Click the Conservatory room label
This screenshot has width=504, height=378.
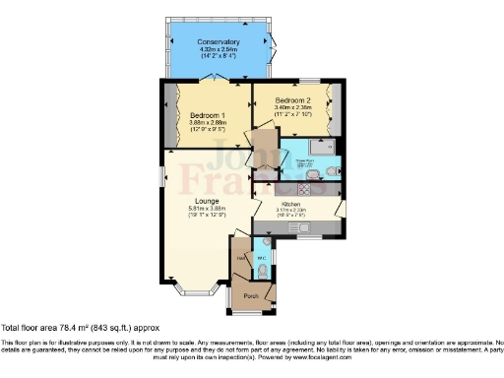pyautogui.click(x=219, y=41)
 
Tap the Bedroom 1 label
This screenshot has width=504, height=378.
pyautogui.click(x=208, y=113)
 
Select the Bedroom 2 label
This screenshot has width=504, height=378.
pyautogui.click(x=293, y=100)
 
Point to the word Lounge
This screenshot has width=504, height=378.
pyautogui.click(x=207, y=201)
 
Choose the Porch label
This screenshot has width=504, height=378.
pyautogui.click(x=251, y=294)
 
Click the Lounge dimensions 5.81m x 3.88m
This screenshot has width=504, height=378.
pyautogui.click(x=207, y=209)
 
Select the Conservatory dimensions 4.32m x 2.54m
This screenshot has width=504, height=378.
pyautogui.click(x=219, y=50)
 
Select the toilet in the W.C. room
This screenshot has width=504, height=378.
pyautogui.click(x=262, y=269)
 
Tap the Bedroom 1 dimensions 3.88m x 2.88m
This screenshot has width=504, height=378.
pyautogui.click(x=208, y=122)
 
